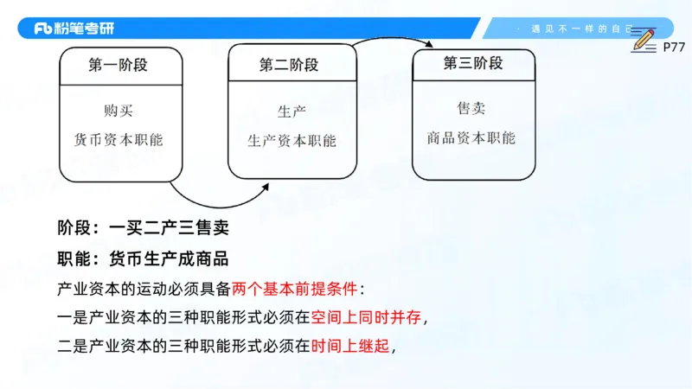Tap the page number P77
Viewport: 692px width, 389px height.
click(x=674, y=48)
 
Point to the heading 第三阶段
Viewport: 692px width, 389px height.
click(x=473, y=63)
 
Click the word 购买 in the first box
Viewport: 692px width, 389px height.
click(x=119, y=111)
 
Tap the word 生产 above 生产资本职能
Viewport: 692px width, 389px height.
click(x=292, y=112)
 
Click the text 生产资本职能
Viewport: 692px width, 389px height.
click(x=292, y=141)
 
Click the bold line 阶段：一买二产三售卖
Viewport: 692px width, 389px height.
click(x=142, y=229)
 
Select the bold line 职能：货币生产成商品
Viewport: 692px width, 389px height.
click(x=142, y=258)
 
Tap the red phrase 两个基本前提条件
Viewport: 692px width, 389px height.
click(x=294, y=288)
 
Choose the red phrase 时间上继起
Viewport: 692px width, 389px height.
click(x=351, y=347)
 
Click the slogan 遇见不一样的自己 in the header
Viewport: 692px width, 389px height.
click(x=580, y=29)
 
